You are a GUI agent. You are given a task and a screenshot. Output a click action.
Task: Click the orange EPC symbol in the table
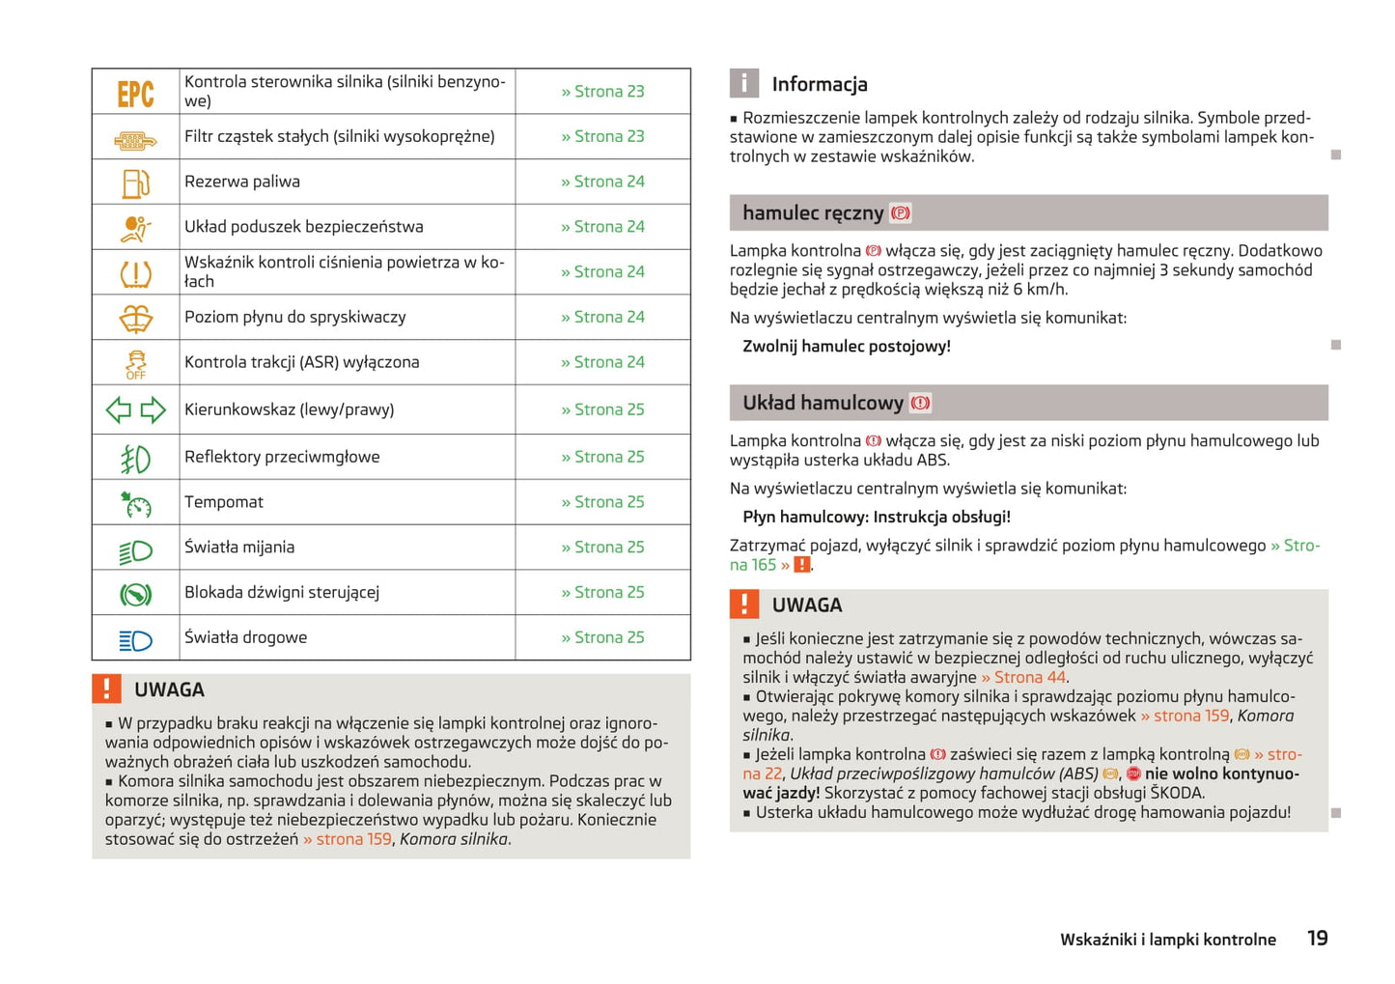[x=135, y=93]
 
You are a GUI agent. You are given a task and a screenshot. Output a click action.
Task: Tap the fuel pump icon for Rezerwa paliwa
[x=135, y=183]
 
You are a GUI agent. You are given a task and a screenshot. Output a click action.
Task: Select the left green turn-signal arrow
[x=119, y=410]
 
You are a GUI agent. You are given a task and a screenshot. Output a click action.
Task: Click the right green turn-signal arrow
[x=153, y=410]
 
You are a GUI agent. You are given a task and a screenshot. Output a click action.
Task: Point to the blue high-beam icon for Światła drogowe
[x=135, y=639]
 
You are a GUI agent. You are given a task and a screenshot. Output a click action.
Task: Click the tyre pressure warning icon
[x=135, y=273]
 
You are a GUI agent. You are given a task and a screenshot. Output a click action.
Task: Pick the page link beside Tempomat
[x=602, y=502]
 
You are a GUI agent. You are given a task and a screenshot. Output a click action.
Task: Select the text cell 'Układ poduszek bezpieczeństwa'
[x=304, y=227]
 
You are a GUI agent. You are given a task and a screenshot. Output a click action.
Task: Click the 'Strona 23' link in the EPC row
[x=602, y=92]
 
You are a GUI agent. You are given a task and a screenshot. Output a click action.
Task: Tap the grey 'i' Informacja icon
[x=743, y=84]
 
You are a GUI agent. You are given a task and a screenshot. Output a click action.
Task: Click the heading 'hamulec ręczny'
[x=812, y=213]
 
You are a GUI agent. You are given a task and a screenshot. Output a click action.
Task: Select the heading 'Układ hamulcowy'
[x=823, y=404]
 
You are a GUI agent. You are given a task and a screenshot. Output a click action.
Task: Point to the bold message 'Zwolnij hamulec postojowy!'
[x=847, y=347]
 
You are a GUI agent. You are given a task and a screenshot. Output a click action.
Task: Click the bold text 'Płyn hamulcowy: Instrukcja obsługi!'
[x=877, y=518]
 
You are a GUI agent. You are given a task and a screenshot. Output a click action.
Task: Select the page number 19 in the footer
[x=1317, y=939]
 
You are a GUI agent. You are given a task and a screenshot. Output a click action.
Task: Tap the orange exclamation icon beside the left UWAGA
[x=106, y=689]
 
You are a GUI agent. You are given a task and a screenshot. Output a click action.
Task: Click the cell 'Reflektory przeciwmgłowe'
[x=282, y=458]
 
